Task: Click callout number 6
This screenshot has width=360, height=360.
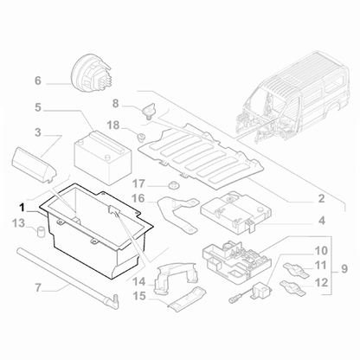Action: click(x=37, y=81)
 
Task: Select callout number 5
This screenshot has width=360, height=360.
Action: click(x=37, y=108)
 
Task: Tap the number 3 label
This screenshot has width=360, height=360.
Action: click(x=37, y=132)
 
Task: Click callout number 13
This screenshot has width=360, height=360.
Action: click(x=19, y=224)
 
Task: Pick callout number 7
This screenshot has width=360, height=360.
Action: click(x=37, y=286)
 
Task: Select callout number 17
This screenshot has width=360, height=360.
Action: click(x=138, y=183)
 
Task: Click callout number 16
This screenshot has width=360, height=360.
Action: click(x=138, y=198)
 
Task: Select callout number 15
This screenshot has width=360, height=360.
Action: click(x=138, y=297)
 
